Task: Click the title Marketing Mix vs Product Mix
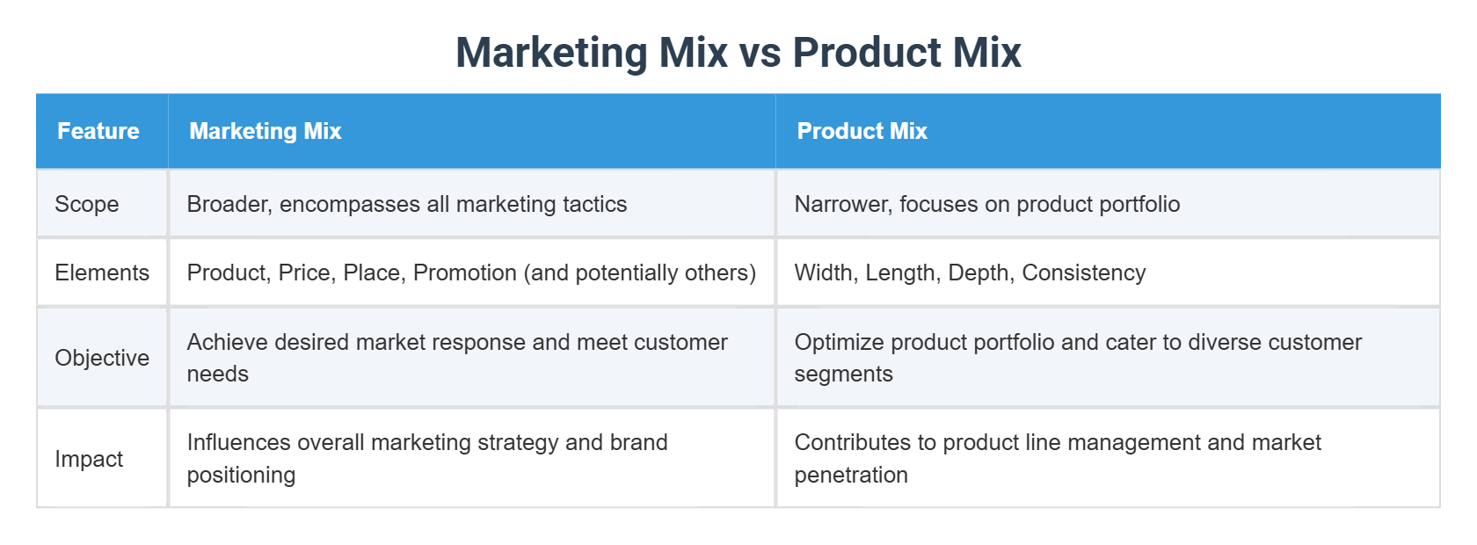(x=738, y=53)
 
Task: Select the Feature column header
(x=98, y=131)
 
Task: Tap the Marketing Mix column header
(x=265, y=131)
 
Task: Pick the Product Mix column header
(x=862, y=131)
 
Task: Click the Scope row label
(x=86, y=204)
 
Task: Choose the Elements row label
(x=102, y=272)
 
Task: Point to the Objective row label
(x=102, y=358)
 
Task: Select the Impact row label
(x=89, y=459)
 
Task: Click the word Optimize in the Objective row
(x=836, y=342)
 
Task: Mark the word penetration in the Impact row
(x=850, y=475)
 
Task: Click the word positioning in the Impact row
(x=241, y=475)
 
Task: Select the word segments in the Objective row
(x=843, y=374)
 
